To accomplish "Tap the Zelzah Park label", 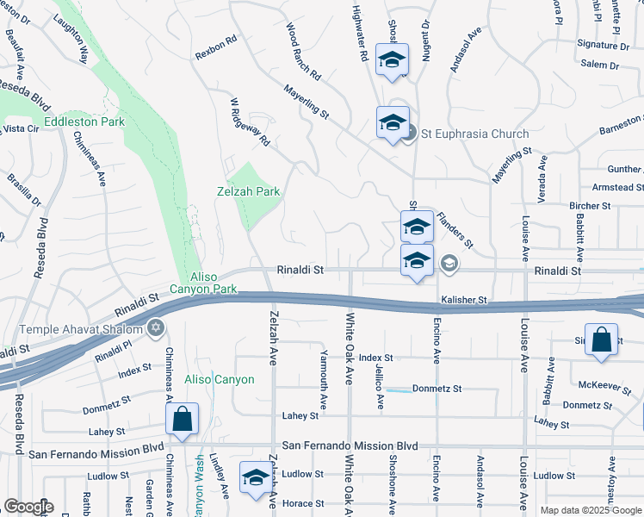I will (248, 192).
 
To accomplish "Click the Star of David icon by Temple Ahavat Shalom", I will (156, 326).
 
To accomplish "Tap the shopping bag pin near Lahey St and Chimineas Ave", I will (183, 420).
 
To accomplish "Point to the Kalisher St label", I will (465, 300).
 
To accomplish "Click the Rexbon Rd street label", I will (215, 47).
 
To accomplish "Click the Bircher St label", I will (590, 206).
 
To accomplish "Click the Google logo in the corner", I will (28, 507).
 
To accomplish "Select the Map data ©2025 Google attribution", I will (590, 510).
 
